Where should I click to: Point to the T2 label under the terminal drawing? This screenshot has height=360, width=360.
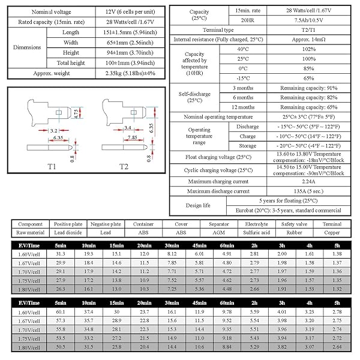[124, 166]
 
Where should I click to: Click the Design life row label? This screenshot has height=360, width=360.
[199, 205]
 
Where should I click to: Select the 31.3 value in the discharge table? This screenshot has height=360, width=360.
[60, 254]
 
